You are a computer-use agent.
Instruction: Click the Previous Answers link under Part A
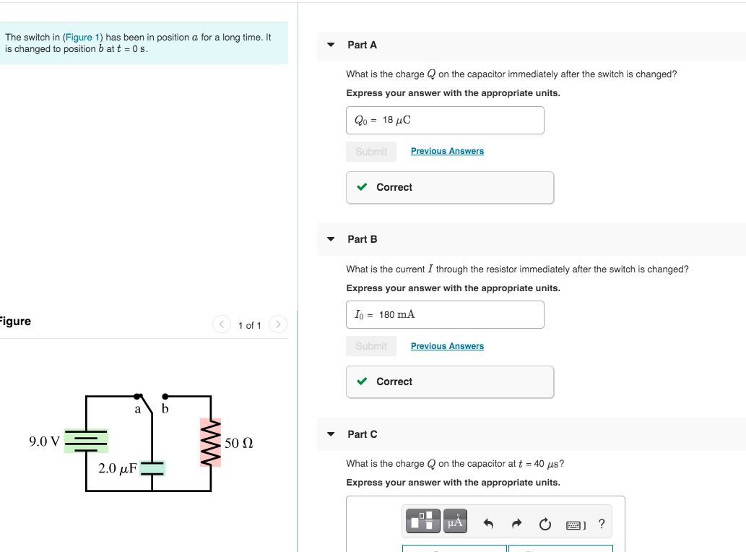pyautogui.click(x=447, y=151)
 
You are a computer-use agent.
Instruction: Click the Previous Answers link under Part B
pyautogui.click(x=447, y=346)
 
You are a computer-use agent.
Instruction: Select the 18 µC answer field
pyautogui.click(x=445, y=120)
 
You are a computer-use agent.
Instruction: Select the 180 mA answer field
pyautogui.click(x=445, y=314)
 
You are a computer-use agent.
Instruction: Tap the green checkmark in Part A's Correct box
pyautogui.click(x=363, y=187)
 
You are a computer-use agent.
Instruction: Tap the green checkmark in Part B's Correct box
pyautogui.click(x=363, y=381)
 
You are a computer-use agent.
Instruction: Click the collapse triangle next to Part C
pyautogui.click(x=331, y=434)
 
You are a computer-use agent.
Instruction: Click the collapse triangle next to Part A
pyautogui.click(x=331, y=45)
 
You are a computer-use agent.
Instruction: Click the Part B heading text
pyautogui.click(x=362, y=239)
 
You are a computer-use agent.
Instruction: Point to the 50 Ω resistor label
pyautogui.click(x=238, y=443)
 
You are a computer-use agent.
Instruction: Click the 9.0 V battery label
pyautogui.click(x=44, y=441)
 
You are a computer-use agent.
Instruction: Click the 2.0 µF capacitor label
pyautogui.click(x=117, y=468)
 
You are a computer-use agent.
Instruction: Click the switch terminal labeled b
pyautogui.click(x=165, y=397)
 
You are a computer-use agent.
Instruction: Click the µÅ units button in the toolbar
pyautogui.click(x=455, y=521)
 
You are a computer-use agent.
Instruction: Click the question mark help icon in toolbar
pyautogui.click(x=602, y=524)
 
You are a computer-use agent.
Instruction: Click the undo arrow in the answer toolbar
pyautogui.click(x=489, y=524)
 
